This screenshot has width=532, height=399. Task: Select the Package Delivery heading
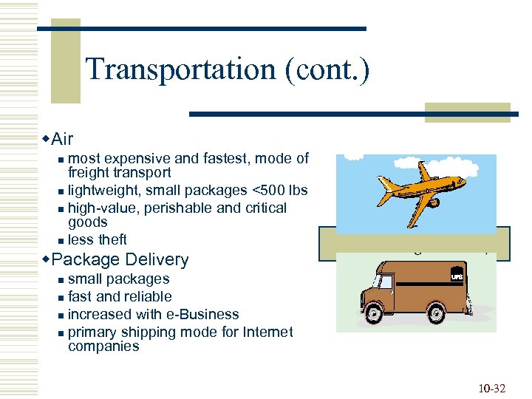[120, 259]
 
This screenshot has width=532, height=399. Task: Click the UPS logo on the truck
[457, 276]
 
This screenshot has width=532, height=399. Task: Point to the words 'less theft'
[98, 239]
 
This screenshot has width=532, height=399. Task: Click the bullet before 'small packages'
[61, 280]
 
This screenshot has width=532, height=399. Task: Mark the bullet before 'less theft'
[61, 240]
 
